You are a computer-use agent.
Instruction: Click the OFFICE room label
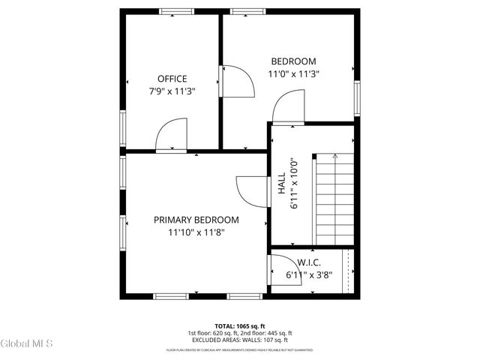(172, 79)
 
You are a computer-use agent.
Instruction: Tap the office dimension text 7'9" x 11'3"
(172, 91)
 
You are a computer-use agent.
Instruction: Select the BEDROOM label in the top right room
(293, 61)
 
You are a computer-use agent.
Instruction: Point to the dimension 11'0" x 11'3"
(293, 74)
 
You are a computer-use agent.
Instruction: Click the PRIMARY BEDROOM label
(196, 220)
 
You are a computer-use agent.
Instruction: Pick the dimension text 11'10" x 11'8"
(196, 232)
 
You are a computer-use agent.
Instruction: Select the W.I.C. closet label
(309, 262)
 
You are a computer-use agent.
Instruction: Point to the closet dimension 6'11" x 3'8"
(309, 275)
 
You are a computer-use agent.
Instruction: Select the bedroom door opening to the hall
(288, 109)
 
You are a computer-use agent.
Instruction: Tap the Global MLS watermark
(27, 344)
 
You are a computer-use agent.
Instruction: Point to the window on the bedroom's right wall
(357, 97)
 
